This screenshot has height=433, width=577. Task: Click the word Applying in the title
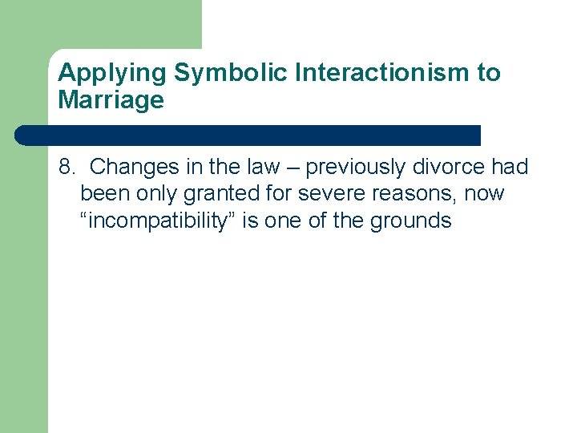[x=112, y=74]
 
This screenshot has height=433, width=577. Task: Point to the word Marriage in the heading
[x=111, y=100]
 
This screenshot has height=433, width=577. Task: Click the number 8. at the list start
[x=67, y=167]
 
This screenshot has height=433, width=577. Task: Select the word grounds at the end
[x=411, y=221]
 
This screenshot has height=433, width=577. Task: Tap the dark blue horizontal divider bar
[x=248, y=135]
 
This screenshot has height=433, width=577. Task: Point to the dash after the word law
[x=293, y=168]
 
